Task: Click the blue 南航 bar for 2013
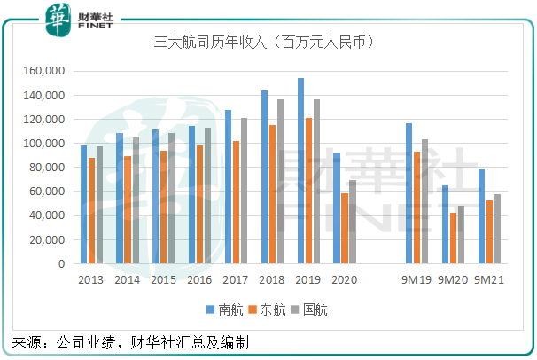[83, 204]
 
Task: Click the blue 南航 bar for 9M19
[409, 193]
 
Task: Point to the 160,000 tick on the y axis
[46, 71]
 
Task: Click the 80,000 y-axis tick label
[49, 168]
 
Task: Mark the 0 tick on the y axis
[60, 263]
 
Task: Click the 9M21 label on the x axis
[491, 279]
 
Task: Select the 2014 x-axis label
[128, 279]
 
